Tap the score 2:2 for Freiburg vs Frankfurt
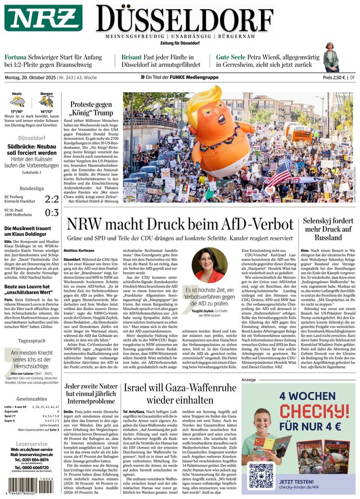pyautogui.click(x=52, y=199)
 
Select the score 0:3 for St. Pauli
pyautogui.click(x=52, y=213)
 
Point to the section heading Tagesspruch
pyautogui.click(x=31, y=340)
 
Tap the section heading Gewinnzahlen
pyautogui.click(x=31, y=398)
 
